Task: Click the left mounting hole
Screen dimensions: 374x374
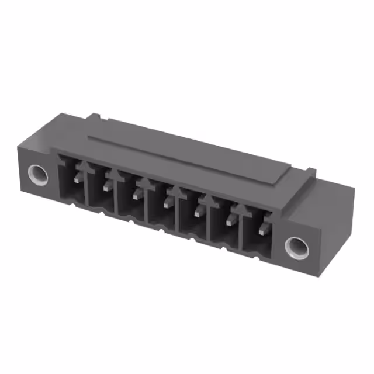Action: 39,174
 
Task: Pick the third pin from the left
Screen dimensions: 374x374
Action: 137,193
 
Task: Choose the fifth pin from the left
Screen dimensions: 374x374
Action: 199,210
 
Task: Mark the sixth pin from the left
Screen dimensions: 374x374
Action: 230,220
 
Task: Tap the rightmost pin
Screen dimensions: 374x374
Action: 261,228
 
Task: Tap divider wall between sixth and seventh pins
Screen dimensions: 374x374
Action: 241,231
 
